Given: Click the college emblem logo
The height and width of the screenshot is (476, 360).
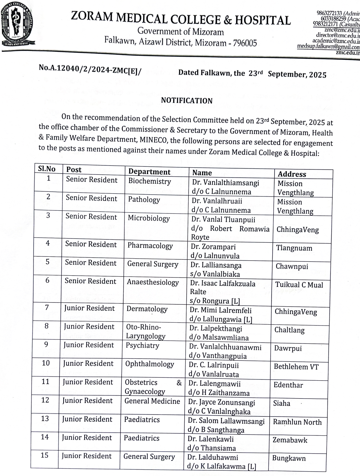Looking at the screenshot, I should pos(17,24).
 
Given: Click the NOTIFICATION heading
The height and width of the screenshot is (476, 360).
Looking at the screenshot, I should pos(187,101).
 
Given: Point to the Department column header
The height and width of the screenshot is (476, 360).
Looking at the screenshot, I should pos(149,172).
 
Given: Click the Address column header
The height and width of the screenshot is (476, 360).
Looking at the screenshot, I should pos(292,174).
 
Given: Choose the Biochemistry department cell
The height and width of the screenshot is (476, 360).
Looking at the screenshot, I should pos(150,182).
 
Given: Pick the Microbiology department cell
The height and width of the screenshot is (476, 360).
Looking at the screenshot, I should pos(149,218).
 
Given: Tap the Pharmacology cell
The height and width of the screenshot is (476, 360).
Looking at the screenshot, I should pos(150,246).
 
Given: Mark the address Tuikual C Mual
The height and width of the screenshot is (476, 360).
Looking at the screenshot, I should pos(299,285).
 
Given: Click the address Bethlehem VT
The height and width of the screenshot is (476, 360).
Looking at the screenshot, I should pos(296,367).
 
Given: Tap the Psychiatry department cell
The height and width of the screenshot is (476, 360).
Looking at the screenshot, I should pos(142,345).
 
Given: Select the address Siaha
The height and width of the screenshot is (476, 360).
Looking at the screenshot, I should pos(282,403).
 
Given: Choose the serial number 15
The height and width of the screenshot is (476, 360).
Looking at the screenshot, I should pos(45,455).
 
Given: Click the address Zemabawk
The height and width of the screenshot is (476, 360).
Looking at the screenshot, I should pos(290,440).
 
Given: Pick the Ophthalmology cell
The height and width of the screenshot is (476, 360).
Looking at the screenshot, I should pos(149,364).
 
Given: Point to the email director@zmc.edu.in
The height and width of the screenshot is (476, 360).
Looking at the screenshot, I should pos(338,35).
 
